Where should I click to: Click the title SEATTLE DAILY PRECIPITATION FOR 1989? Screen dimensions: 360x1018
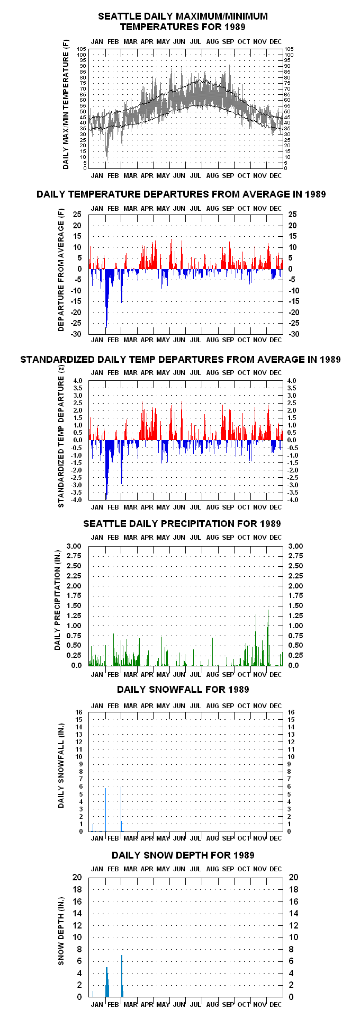(182, 524)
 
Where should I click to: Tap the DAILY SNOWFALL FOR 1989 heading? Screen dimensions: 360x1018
(183, 690)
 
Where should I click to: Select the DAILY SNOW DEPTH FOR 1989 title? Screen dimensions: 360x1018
(183, 855)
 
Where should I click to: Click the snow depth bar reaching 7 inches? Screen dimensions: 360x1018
(122, 976)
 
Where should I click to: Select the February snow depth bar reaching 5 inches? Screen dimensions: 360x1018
(107, 982)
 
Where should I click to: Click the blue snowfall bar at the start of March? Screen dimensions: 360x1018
(121, 809)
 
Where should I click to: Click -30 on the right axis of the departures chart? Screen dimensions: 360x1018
(293, 334)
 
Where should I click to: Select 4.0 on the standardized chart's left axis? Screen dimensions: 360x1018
(78, 381)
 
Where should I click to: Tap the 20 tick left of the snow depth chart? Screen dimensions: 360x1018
(77, 878)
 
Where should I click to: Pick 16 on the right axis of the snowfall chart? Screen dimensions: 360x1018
(291, 712)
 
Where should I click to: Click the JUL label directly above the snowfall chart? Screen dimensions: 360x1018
(195, 706)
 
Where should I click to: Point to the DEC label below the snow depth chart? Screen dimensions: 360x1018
(275, 1004)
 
